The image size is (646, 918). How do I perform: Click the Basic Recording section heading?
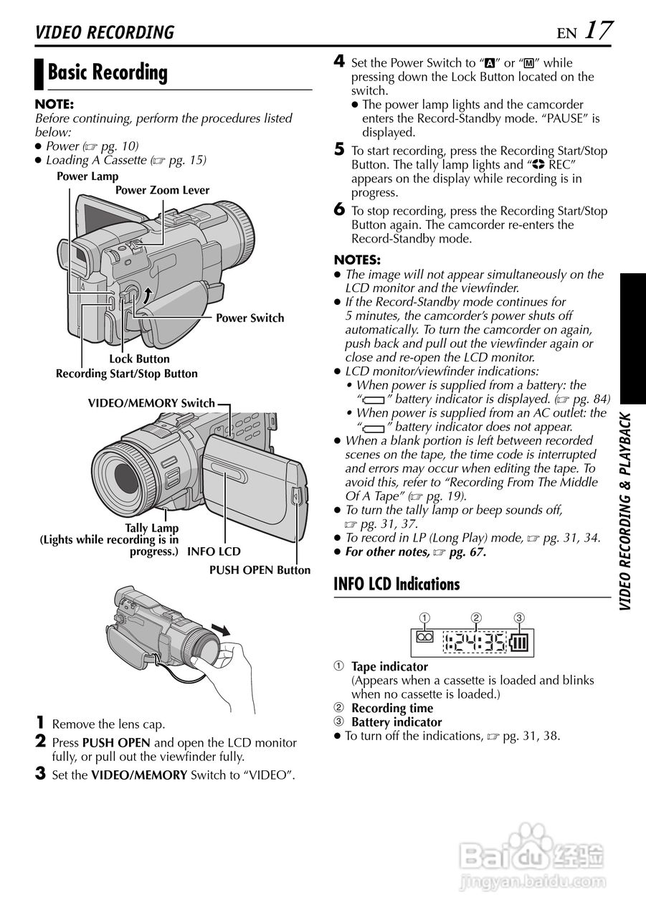click(x=108, y=72)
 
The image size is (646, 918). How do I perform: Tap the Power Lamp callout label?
click(x=87, y=176)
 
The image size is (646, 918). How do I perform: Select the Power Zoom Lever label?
click(x=162, y=191)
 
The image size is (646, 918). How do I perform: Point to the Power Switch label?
click(x=250, y=318)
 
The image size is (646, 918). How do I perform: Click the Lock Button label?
click(x=139, y=359)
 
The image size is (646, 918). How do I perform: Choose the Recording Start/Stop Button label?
click(x=127, y=374)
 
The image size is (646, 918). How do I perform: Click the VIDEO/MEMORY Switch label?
click(x=151, y=404)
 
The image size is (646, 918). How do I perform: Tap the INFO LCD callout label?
click(x=214, y=552)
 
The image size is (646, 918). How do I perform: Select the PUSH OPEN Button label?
click(x=260, y=570)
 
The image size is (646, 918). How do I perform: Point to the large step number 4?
click(x=340, y=62)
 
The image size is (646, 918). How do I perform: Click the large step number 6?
click(x=340, y=209)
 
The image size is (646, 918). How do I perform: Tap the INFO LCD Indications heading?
click(x=396, y=585)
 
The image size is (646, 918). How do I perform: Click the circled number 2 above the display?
click(x=475, y=617)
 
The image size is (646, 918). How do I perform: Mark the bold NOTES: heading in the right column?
click(x=357, y=260)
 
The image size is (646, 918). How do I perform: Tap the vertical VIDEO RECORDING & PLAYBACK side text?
click(x=626, y=512)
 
